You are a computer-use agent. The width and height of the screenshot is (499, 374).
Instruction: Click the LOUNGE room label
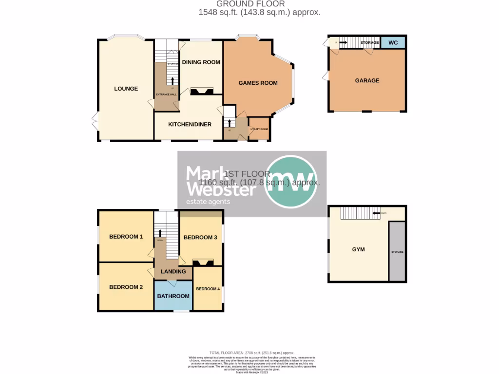[126, 89]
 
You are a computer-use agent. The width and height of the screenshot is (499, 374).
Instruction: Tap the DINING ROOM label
[201, 62]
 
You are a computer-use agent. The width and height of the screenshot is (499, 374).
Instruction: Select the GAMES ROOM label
[258, 83]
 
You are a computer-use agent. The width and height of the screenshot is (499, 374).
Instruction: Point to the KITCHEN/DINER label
[190, 124]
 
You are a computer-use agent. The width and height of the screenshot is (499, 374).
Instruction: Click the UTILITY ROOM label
[259, 129]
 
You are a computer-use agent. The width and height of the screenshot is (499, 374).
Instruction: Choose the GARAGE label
[367, 80]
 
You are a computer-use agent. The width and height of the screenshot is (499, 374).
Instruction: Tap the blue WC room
[393, 43]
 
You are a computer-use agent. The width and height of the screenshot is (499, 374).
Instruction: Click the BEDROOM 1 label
[126, 237]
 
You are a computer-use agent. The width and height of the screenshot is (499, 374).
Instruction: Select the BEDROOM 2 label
[126, 287]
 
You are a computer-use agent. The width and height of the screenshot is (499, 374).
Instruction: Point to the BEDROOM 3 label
[200, 237]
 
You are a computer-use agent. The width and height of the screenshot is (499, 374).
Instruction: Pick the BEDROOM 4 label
[208, 289]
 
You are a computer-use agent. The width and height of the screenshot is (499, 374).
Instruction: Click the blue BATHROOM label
[173, 296]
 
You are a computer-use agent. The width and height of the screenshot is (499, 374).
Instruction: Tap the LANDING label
[173, 271]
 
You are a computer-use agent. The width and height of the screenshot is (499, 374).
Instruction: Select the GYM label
[359, 249]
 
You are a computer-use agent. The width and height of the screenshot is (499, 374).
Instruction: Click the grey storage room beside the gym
[397, 251]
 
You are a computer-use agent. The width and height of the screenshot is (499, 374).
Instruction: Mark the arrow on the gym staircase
[376, 213]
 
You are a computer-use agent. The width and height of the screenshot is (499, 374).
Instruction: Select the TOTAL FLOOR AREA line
[252, 353]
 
